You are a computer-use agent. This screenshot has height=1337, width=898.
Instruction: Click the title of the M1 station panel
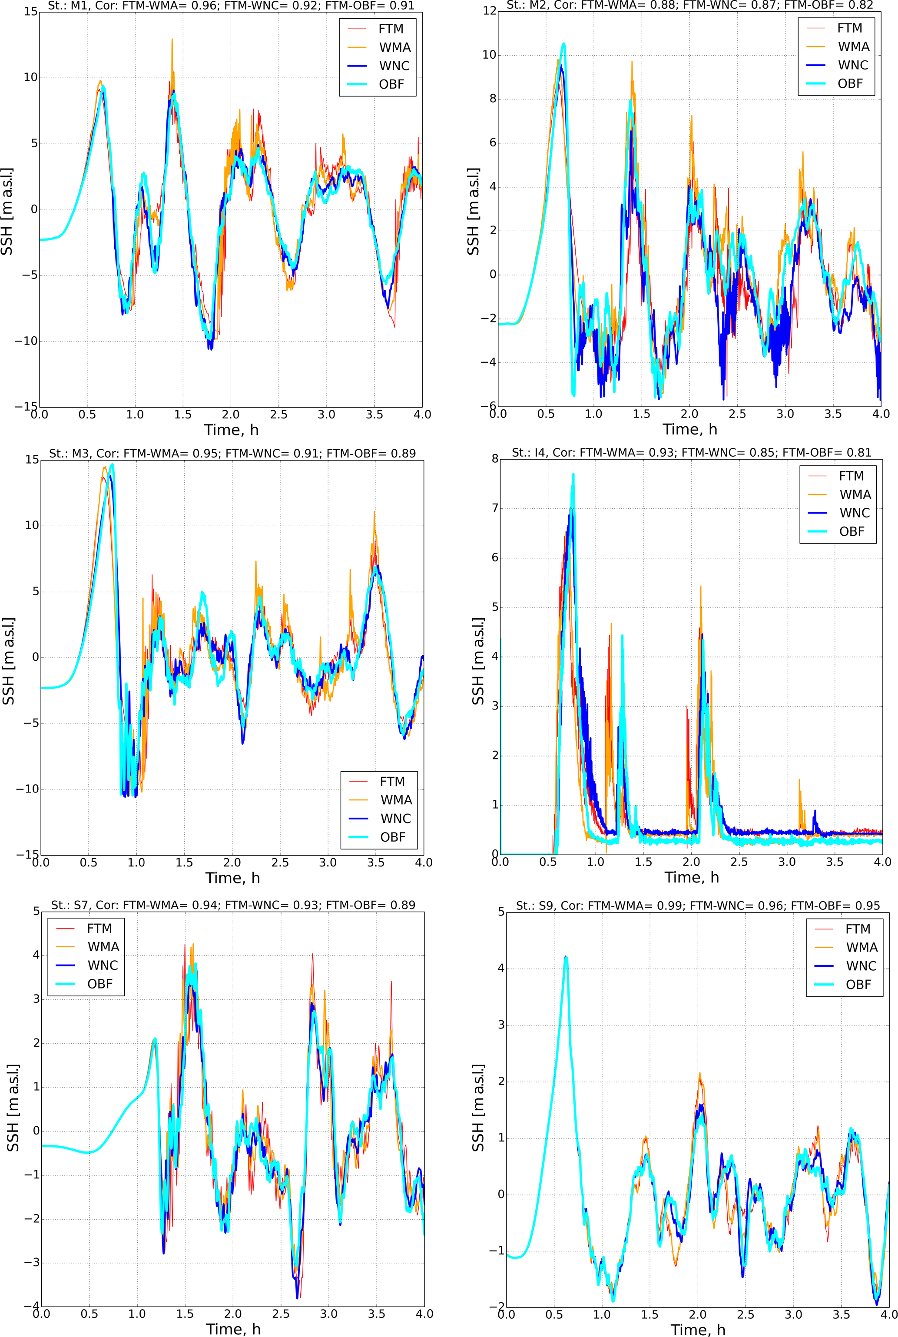pyautogui.click(x=231, y=6)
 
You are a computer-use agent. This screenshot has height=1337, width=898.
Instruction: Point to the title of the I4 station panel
pyautogui.click(x=691, y=452)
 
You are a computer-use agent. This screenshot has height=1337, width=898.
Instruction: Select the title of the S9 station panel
pyautogui.click(x=698, y=906)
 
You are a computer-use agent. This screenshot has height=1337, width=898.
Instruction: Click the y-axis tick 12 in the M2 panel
pyautogui.click(x=490, y=11)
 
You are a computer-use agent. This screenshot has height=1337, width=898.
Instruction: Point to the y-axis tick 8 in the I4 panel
pyautogui.click(x=494, y=459)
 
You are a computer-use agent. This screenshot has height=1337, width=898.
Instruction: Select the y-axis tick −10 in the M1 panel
pyautogui.click(x=26, y=341)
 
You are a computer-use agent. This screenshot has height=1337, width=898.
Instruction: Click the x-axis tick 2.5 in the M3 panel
pyautogui.click(x=280, y=862)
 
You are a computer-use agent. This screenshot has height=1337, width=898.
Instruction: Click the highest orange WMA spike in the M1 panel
pyautogui.click(x=172, y=39)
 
